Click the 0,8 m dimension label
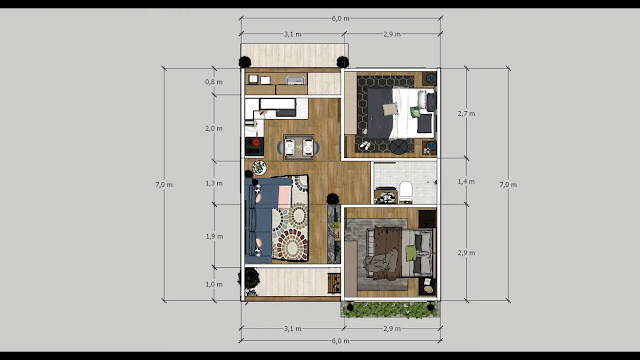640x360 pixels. point(214,82)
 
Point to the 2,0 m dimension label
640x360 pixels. point(214,129)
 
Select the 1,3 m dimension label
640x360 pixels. point(214,184)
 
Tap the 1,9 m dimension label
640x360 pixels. point(214,236)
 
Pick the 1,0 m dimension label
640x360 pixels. point(214,284)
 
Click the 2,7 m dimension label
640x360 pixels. point(466,114)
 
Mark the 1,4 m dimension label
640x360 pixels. point(466,182)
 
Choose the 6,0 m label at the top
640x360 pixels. point(340,18)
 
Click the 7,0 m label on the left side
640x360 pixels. point(164,185)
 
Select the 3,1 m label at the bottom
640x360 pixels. point(293,329)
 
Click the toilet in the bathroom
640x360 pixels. point(406,192)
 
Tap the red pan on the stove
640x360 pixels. point(256,141)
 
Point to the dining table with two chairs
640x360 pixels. point(299,147)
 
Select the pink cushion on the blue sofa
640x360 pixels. point(284,197)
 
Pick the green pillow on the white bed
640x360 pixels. point(415,112)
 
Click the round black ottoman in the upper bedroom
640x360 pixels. point(398,147)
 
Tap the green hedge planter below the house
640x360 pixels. point(391,309)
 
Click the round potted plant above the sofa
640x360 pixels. point(259,168)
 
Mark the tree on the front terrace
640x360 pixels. point(249,280)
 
